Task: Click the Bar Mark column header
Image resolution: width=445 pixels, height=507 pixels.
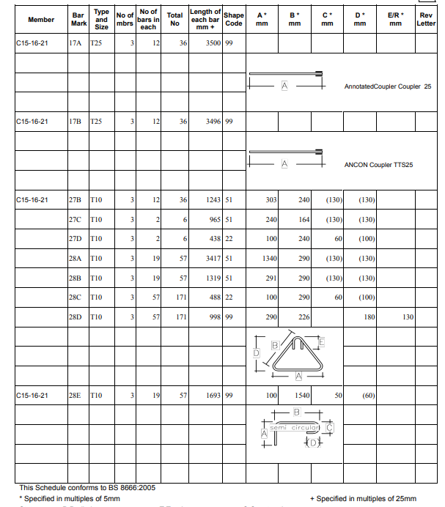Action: pyautogui.click(x=78, y=19)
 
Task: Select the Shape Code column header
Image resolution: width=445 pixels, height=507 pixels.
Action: pyautogui.click(x=234, y=19)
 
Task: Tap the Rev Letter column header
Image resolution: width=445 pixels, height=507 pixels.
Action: pyautogui.click(x=426, y=19)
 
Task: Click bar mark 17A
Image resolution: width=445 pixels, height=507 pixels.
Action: pyautogui.click(x=75, y=44)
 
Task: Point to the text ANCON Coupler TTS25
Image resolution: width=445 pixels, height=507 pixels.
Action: pyautogui.click(x=378, y=165)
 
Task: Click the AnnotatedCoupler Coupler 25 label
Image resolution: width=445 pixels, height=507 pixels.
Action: pyautogui.click(x=387, y=86)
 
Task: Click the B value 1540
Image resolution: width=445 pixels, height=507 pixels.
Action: pyautogui.click(x=299, y=395)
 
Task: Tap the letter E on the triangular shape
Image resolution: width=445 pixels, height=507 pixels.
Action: pyautogui.click(x=323, y=342)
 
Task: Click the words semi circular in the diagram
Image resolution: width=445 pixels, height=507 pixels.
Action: pyautogui.click(x=294, y=427)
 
